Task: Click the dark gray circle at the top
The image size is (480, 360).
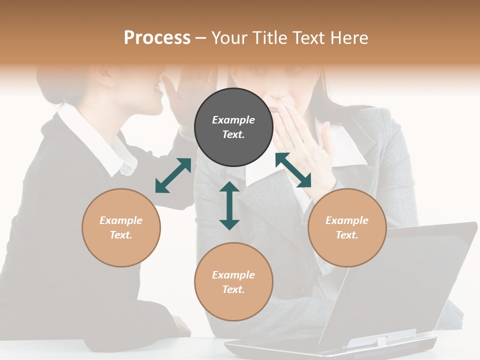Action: pyautogui.click(x=233, y=127)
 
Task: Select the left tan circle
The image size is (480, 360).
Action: pyautogui.click(x=121, y=227)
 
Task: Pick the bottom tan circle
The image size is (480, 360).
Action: pyautogui.click(x=233, y=282)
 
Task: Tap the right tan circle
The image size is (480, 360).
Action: pyautogui.click(x=347, y=227)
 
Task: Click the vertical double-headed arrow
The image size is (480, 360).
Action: pyautogui.click(x=229, y=205)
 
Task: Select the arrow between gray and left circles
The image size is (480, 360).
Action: pyautogui.click(x=173, y=175)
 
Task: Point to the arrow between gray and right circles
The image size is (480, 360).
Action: pyautogui.click(x=293, y=170)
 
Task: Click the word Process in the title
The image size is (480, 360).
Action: pyautogui.click(x=157, y=38)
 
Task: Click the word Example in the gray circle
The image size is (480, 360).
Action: pyautogui.click(x=233, y=120)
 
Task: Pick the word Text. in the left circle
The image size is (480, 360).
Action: pyautogui.click(x=121, y=235)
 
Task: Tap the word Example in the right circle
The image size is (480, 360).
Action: pyautogui.click(x=347, y=220)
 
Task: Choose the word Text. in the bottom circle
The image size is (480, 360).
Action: pyautogui.click(x=233, y=289)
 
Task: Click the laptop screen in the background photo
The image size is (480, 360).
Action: pyautogui.click(x=400, y=280)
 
